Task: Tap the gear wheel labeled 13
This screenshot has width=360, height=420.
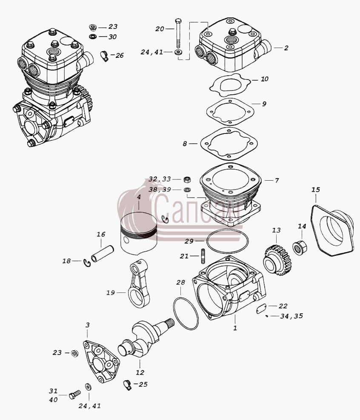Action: (278, 260)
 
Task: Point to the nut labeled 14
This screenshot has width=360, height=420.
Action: (300, 247)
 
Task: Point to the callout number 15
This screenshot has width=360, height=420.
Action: (316, 190)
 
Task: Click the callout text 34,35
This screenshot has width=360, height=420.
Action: (291, 316)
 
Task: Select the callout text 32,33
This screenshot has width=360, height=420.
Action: (160, 179)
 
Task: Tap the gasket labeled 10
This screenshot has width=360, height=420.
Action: (230, 85)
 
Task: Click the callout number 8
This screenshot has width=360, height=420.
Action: (185, 144)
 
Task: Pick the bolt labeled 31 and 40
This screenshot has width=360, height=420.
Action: (75, 394)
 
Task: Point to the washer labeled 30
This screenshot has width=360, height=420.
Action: (93, 37)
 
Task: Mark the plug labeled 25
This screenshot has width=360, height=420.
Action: (128, 385)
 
